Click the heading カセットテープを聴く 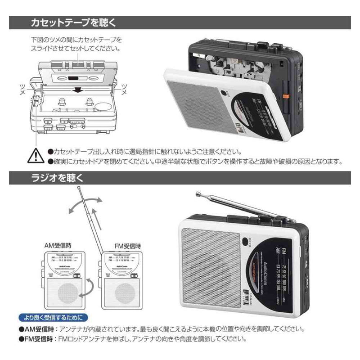pos(74,22)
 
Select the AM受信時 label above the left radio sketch pos(58,246)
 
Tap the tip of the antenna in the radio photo pos(198,194)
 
